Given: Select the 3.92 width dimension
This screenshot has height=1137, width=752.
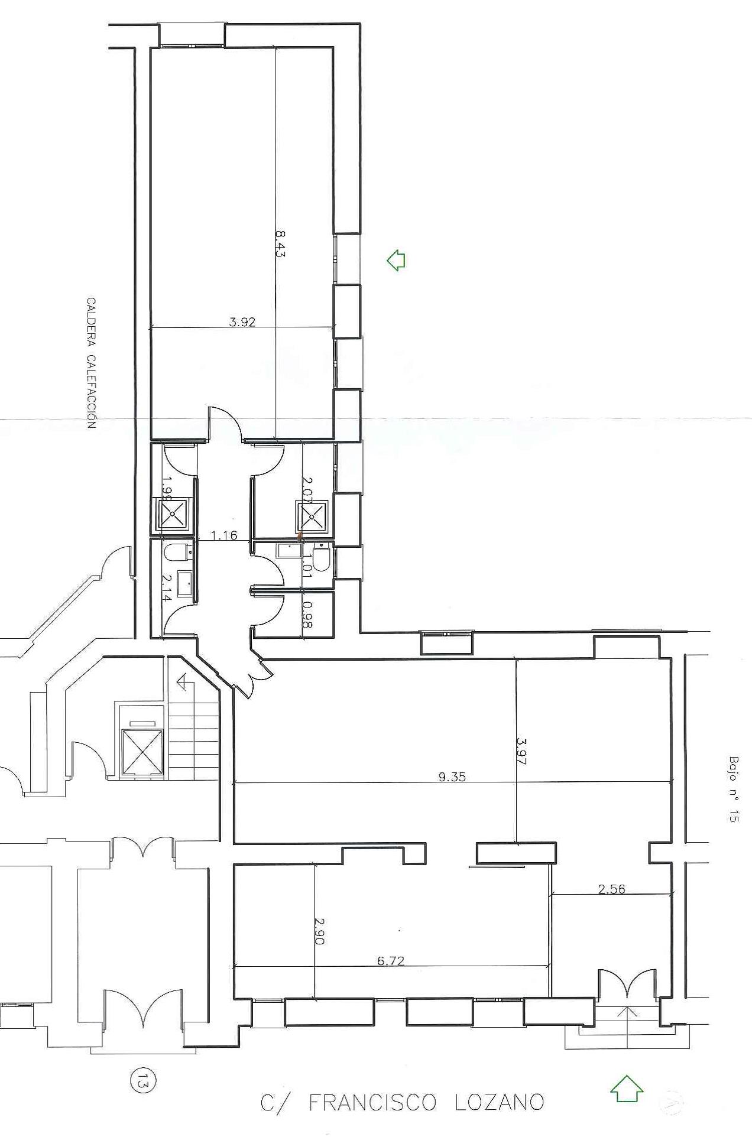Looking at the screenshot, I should coord(242,322).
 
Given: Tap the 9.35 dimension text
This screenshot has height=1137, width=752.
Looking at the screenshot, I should coord(452,777).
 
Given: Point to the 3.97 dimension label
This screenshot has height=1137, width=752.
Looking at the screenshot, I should coord(521,751).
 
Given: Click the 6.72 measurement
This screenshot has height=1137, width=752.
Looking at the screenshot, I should coord(391,961).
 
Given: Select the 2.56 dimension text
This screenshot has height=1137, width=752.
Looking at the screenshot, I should coord(611,889).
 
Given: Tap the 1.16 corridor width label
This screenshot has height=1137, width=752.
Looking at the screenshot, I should coord(224,535).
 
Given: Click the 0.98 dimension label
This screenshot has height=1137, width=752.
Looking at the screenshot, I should coord(307,615).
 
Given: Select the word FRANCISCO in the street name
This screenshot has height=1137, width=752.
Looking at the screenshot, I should coord(372,1103).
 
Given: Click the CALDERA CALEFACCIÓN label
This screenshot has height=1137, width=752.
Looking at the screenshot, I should coord(91,362).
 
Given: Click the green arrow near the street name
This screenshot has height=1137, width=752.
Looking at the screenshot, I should coord(627,1089).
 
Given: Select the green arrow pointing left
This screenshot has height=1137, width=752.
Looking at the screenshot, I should coord(396,259).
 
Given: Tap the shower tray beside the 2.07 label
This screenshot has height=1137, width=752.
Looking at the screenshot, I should coord(312,515).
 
